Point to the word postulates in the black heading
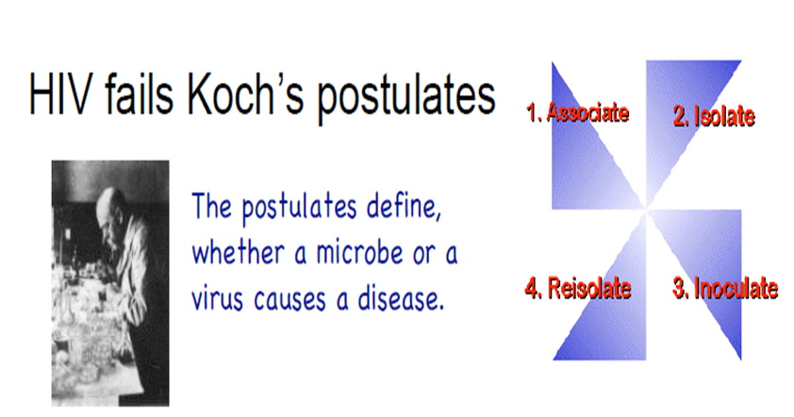(x=406, y=98)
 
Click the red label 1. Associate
(x=578, y=112)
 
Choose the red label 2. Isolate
(x=714, y=116)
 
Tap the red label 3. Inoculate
(x=725, y=288)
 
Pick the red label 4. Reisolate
(x=578, y=288)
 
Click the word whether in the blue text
(x=238, y=251)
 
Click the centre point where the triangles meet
(x=646, y=208)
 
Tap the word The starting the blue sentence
(x=211, y=206)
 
